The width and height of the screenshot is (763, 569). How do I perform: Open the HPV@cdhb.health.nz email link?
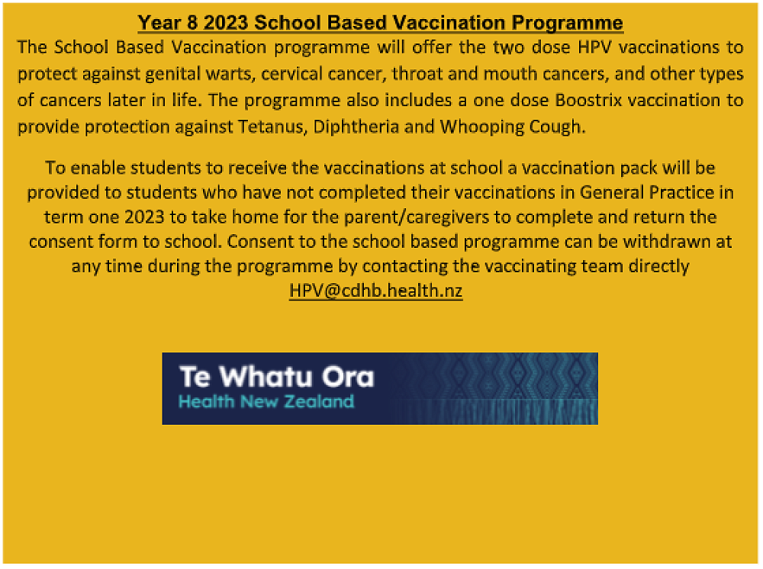pos(375,291)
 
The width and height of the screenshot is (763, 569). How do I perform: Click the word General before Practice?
pos(612,192)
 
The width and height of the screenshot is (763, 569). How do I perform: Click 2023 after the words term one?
pos(144,217)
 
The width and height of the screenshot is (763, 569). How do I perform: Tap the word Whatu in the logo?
pos(266,377)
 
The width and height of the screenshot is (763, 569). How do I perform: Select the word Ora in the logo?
pos(349,377)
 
